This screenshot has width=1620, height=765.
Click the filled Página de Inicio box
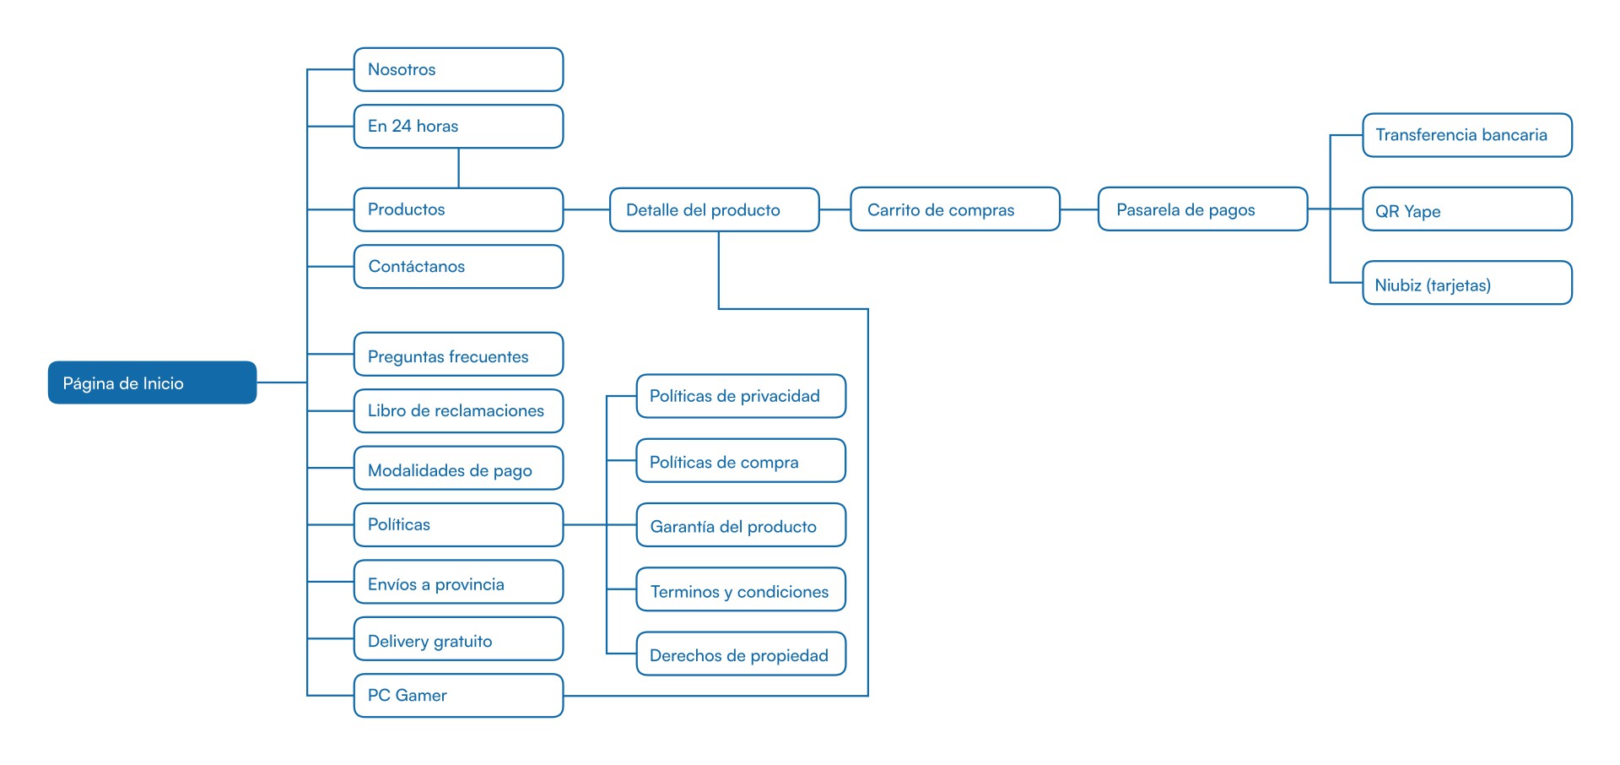pos(152,382)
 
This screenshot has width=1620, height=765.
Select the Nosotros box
pos(458,69)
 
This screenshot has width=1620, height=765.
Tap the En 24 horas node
pos(458,126)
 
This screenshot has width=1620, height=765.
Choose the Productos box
pos(458,209)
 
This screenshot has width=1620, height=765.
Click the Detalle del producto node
pos(715,209)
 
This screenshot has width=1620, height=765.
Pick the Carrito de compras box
pos(955,209)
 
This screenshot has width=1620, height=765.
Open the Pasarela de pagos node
pos(1202,209)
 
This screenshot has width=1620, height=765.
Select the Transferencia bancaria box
pos(1467,135)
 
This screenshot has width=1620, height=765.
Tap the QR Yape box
pos(1467,209)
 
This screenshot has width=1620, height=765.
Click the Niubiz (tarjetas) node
pos(1467,283)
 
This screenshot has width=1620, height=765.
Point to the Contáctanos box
pos(458,267)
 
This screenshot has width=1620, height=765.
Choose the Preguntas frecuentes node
pos(458,355)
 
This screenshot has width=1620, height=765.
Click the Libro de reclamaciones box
pos(458,411)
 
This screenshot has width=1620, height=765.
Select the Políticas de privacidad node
pos(741,396)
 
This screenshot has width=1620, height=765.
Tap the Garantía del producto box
pos(741,525)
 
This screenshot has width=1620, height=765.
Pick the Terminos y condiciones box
pos(741,589)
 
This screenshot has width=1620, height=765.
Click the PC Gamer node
pos(458,696)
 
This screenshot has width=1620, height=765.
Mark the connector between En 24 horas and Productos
pos(458,168)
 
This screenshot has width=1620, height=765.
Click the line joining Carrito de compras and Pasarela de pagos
pos(1079,209)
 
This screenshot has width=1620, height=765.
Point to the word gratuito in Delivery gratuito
pos(462,642)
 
